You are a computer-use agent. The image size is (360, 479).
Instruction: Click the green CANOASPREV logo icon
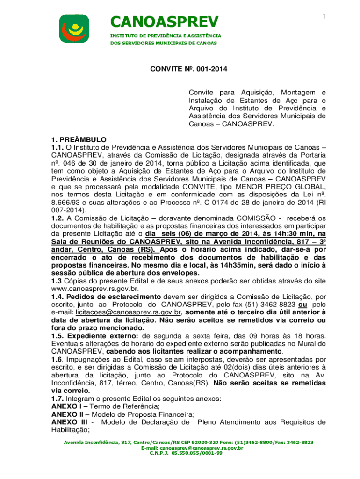click(x=73, y=28)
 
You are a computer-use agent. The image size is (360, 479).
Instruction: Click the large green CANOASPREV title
click(x=164, y=22)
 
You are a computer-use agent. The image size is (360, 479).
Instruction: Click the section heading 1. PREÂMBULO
click(x=79, y=139)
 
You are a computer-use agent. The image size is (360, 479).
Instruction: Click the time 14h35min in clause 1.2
click(x=216, y=265)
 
